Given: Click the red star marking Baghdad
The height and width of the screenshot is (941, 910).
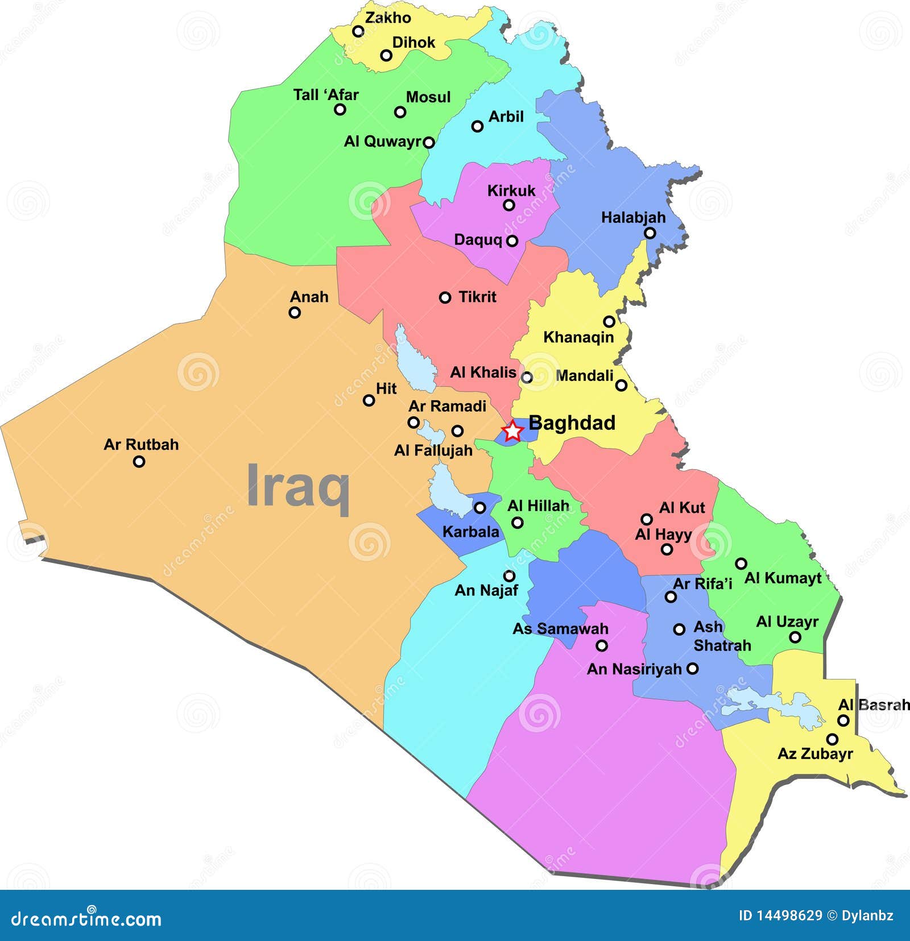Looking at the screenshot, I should point(512,431).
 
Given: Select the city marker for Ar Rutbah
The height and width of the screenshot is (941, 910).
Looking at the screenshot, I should point(139,462).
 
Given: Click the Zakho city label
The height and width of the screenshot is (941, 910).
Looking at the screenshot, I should point(388,18).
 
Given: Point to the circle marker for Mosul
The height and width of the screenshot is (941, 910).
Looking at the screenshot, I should point(400,112).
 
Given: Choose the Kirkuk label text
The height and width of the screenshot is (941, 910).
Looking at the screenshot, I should point(511,190).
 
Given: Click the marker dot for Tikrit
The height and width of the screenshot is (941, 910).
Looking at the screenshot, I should point(445,297).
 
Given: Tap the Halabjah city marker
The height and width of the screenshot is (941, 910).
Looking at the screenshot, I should point(650,233).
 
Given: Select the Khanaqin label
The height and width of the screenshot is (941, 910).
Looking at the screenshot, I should point(578,337).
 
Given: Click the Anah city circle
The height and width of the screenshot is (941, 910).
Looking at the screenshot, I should point(295,312).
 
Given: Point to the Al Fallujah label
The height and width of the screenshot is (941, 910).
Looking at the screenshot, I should point(433,450).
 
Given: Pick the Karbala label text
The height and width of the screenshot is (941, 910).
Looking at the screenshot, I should point(470,532).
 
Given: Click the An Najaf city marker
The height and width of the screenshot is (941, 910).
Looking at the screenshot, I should point(510,576).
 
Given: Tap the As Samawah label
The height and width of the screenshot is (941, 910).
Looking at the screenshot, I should point(560,629).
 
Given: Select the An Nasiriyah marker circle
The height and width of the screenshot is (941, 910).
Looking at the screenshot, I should point(692,669).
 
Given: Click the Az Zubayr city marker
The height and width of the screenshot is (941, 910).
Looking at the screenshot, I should point(832,739).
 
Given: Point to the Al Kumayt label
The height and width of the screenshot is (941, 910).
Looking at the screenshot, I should point(783,578).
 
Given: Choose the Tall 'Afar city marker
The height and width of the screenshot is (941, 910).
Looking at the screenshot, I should point(340,109).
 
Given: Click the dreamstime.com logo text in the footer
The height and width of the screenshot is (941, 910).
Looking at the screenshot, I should point(86,918).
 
